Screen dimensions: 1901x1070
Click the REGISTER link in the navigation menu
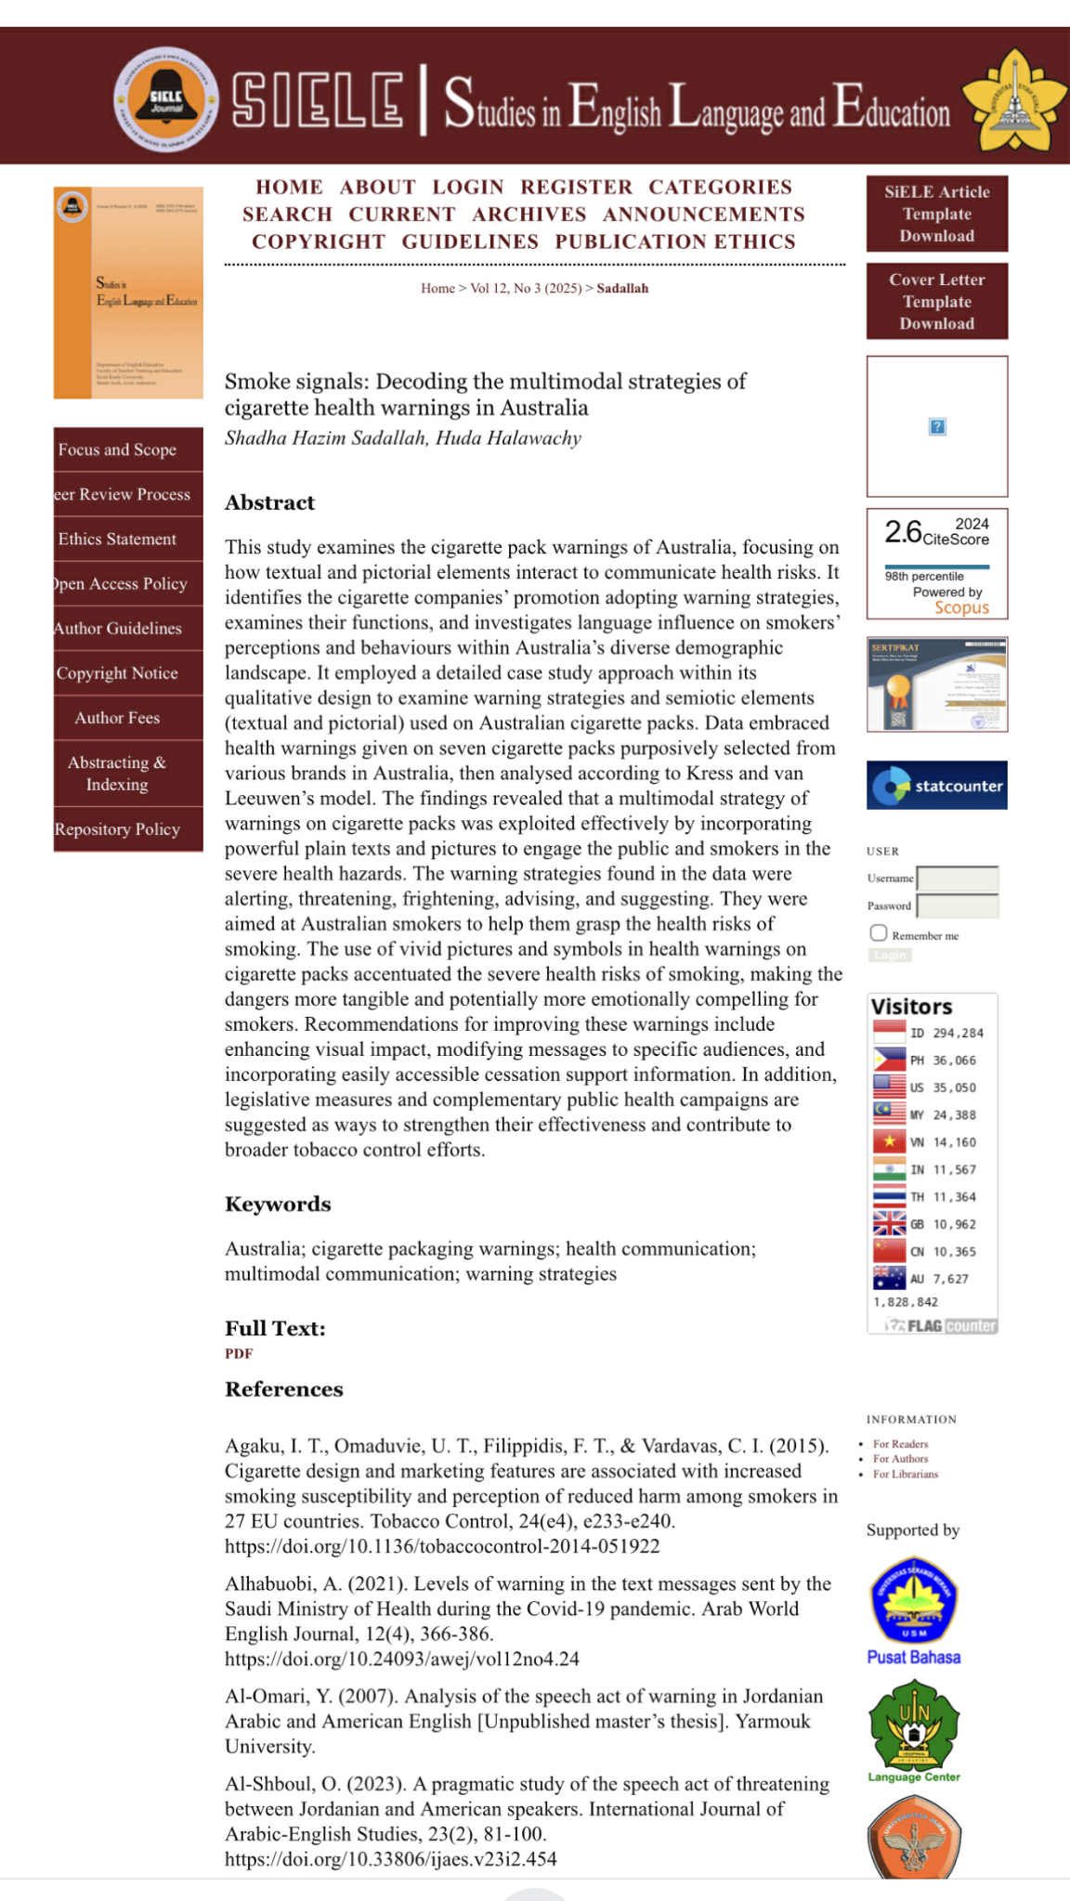pos(576,188)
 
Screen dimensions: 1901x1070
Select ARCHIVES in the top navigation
pos(529,215)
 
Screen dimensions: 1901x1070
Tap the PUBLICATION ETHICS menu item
pos(675,241)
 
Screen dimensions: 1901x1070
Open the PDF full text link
pos(239,1353)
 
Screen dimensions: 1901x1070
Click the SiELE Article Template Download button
pos(936,214)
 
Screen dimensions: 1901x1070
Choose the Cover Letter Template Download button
pos(936,301)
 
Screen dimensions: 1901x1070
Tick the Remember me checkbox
pos(879,932)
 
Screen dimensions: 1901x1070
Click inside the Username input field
pos(957,878)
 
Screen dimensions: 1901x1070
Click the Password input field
pos(957,905)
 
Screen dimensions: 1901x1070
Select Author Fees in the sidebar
pos(118,718)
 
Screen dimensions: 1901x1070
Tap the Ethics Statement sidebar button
pos(118,539)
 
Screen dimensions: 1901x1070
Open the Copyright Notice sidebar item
pos(118,673)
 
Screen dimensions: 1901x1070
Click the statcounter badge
pos(936,786)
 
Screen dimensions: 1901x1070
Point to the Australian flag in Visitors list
pos(889,1279)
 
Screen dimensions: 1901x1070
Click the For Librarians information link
pos(906,1474)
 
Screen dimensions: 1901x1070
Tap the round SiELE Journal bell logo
pos(166,99)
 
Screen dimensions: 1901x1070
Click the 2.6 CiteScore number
pos(902,532)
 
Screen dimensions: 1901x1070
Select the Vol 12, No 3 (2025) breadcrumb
pos(526,288)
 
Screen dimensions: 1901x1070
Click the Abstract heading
pos(269,502)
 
